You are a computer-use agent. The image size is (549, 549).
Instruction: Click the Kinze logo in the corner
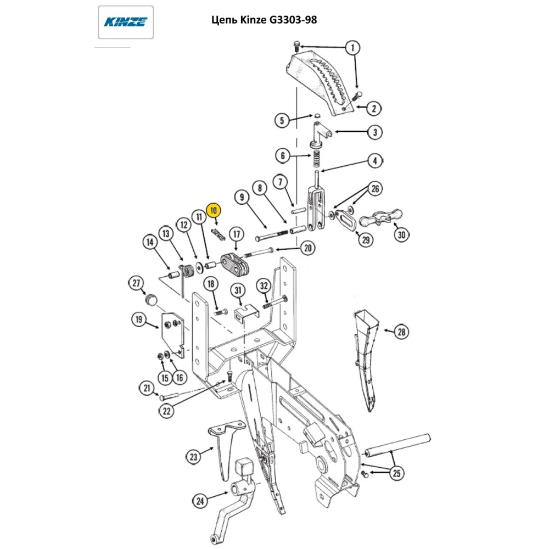(x=126, y=22)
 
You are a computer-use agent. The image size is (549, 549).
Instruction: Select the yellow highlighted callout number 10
(x=214, y=210)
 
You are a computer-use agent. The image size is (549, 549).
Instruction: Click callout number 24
(x=201, y=500)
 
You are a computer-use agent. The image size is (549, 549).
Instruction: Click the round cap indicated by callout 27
(x=151, y=299)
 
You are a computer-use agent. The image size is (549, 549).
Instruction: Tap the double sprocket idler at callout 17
(x=236, y=264)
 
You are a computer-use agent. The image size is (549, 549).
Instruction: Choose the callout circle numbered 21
(x=147, y=389)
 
